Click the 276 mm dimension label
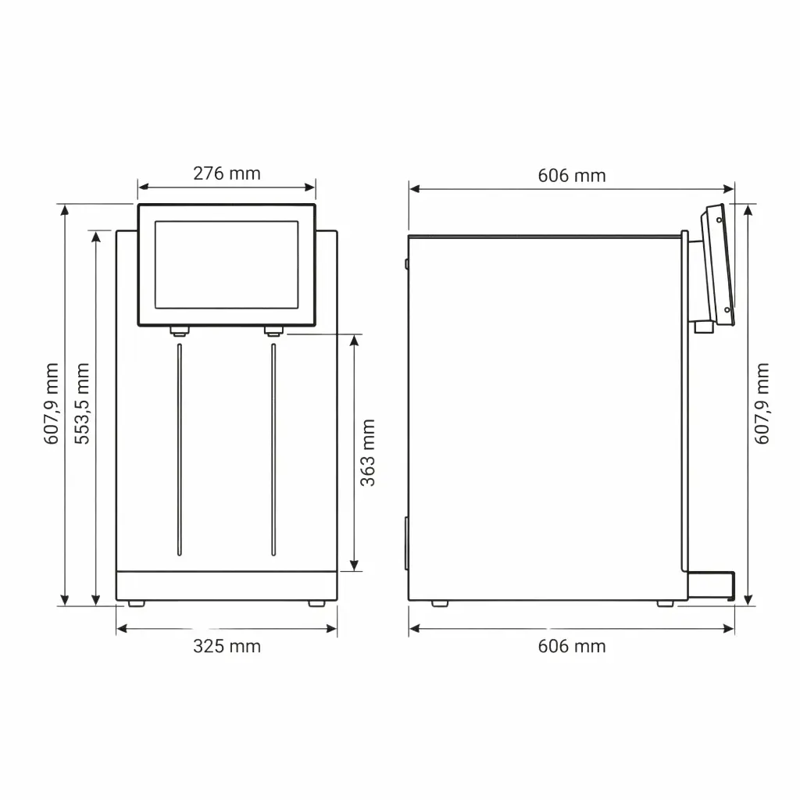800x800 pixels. coord(227,173)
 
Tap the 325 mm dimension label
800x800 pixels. coord(227,646)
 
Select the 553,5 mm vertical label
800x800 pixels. coord(82,403)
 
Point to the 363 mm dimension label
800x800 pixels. coord(368,452)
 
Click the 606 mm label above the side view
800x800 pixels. coord(571,176)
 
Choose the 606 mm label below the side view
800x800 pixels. coord(571,646)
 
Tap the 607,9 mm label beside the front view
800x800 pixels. coord(51,403)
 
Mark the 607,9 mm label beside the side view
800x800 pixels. coord(762,403)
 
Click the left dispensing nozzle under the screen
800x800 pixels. coord(180,331)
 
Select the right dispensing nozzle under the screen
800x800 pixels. coord(273,331)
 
